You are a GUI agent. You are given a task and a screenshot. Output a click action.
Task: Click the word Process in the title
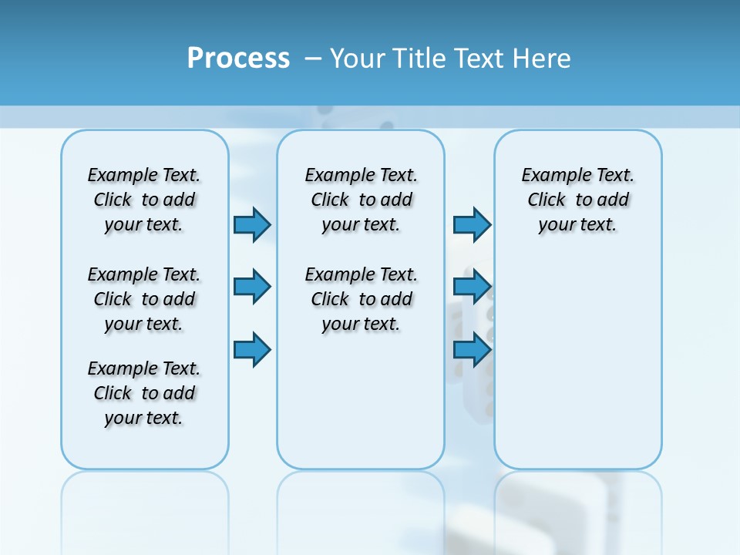point(238,59)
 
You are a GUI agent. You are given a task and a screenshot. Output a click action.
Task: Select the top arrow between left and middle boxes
point(252,224)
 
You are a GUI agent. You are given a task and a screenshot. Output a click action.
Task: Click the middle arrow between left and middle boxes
point(252,287)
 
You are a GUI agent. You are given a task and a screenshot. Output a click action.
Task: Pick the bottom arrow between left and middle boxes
point(252,349)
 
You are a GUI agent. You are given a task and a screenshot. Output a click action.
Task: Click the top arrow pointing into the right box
point(472,224)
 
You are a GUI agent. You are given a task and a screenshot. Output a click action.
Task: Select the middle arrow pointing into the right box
point(472,287)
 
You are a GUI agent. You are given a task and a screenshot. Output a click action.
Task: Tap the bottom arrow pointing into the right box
point(472,349)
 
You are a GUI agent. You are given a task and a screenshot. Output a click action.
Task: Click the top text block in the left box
point(144,200)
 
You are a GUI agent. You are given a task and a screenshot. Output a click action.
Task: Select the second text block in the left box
point(144,299)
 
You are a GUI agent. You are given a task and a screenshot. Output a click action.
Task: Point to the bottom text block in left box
point(144,393)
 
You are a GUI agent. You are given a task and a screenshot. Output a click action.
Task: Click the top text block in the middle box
point(361,200)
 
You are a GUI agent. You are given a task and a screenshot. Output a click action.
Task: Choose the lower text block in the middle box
point(361,299)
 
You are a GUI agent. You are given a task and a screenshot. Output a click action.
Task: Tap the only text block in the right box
point(577,200)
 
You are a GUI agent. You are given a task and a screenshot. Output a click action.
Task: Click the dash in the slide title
point(313,59)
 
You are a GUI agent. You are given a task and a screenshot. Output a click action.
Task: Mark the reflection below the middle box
point(361,509)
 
